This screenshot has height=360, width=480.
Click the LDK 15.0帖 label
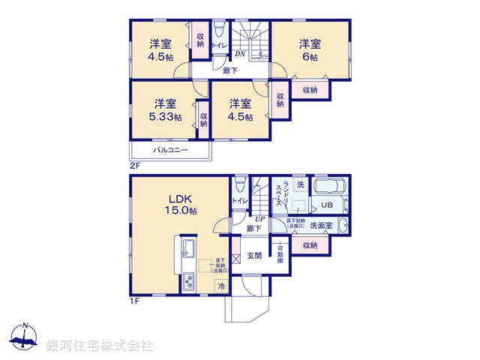(181, 205)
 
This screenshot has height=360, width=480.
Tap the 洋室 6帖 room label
(310, 50)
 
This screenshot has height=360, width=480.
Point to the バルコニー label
(170, 151)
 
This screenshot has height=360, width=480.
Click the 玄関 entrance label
(255, 256)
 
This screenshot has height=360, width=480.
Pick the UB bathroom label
(327, 205)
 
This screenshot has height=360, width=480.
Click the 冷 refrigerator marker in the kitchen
(221, 285)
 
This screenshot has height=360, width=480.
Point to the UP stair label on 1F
(258, 218)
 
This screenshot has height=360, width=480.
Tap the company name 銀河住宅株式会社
(100, 345)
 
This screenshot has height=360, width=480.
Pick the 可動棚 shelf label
(280, 253)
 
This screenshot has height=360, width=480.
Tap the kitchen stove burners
(188, 283)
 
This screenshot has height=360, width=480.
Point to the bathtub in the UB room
(328, 187)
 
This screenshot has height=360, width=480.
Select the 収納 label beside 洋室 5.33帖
(203, 119)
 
